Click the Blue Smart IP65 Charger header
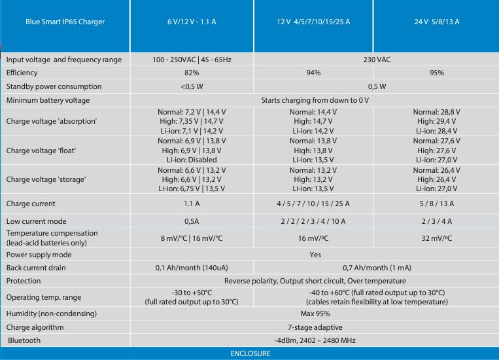(65, 22)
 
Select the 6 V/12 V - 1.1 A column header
(192, 22)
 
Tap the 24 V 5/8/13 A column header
(436, 22)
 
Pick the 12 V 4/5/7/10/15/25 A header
(313, 22)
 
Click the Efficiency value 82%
(192, 73)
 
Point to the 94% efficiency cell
(313, 73)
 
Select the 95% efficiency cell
(436, 73)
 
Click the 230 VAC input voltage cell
(377, 60)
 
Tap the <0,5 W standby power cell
(192, 86)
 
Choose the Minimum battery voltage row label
(48, 100)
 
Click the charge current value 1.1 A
(192, 204)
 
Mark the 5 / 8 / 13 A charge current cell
(436, 204)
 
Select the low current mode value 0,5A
(192, 221)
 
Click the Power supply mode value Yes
(315, 255)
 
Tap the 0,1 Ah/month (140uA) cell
(192, 268)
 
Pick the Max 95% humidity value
(315, 314)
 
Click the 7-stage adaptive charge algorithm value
(315, 327)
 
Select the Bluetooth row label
(24, 340)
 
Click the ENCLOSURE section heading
(250, 353)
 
